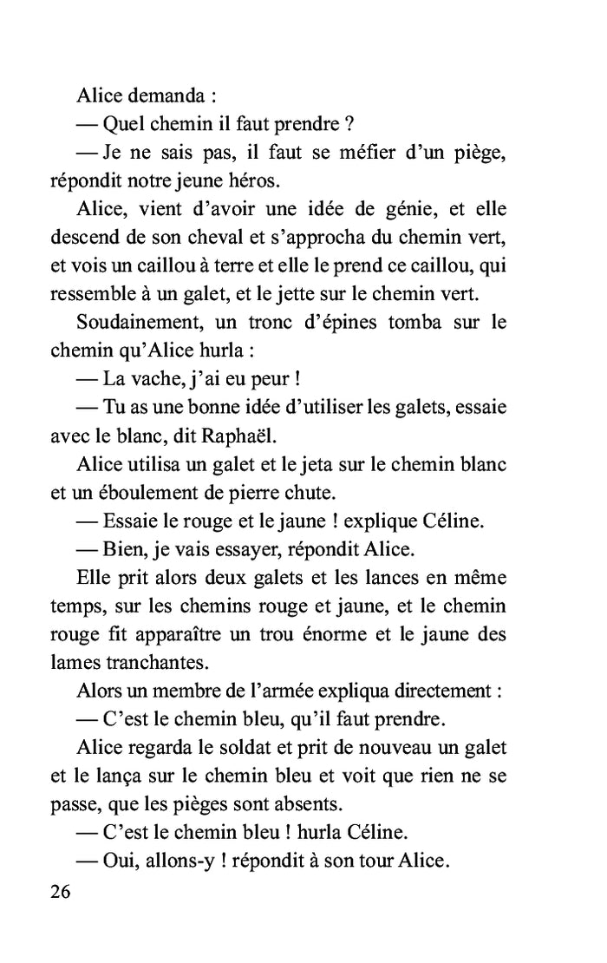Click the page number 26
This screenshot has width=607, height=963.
point(62,892)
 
